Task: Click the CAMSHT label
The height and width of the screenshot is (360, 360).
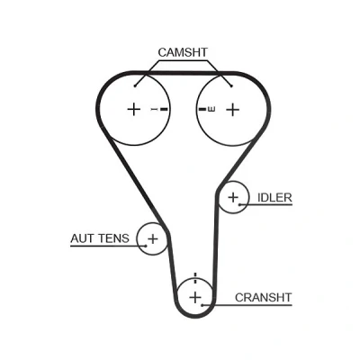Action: (183, 52)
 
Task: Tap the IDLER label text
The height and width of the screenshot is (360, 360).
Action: (274, 198)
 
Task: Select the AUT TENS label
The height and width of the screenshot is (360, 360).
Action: (100, 238)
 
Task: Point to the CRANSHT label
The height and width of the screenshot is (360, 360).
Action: (263, 298)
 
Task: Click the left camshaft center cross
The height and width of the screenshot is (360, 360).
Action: (134, 109)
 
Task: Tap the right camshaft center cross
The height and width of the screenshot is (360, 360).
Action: (233, 110)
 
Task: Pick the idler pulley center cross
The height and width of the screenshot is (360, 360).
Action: (233, 197)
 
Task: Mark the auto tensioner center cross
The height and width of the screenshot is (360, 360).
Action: (153, 238)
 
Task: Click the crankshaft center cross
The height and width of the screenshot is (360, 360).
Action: (195, 298)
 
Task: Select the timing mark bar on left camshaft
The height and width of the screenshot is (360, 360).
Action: (165, 109)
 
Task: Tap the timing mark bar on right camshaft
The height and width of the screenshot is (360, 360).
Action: (202, 109)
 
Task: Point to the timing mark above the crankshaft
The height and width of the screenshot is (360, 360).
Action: (195, 278)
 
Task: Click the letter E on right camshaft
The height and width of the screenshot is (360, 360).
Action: (211, 109)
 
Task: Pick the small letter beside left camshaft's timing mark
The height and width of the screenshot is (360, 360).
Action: (154, 109)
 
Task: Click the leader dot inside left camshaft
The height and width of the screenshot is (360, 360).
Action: (135, 86)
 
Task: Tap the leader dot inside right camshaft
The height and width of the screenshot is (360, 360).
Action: (231, 86)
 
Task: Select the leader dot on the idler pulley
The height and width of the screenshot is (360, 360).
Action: (239, 205)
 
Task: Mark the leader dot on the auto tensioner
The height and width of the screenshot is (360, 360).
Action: (146, 246)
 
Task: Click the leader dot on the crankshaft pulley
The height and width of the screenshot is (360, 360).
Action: (202, 305)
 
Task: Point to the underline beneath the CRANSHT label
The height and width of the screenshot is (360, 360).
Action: (247, 305)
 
